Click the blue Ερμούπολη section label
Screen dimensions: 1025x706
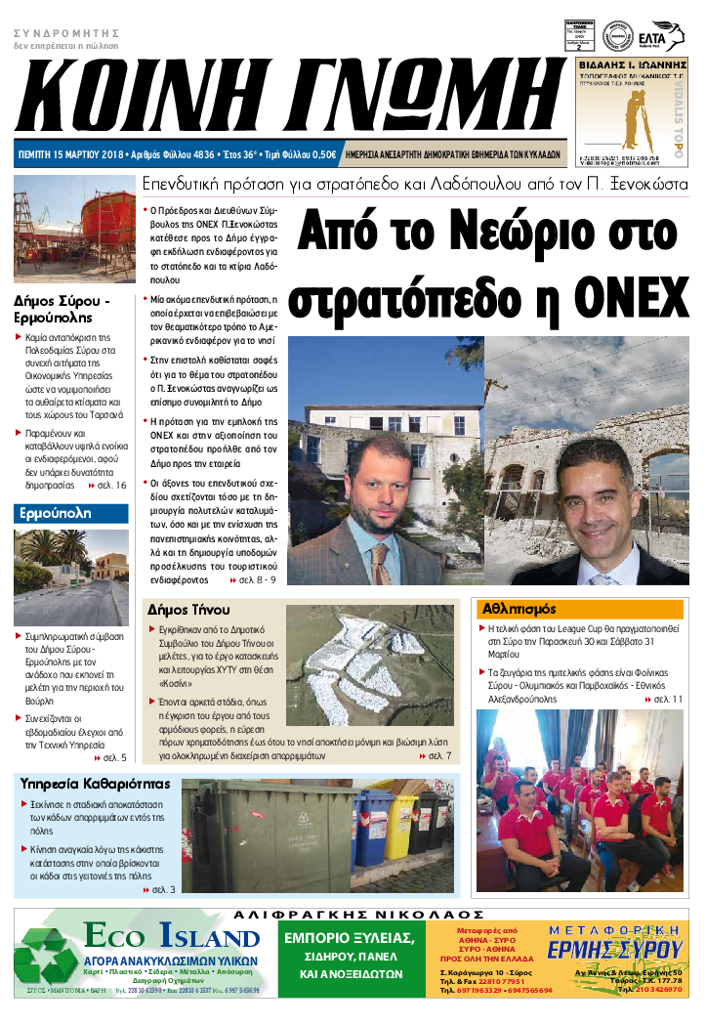point(56,512)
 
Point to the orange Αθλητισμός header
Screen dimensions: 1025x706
point(519,608)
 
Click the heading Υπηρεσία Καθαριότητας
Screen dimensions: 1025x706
point(96,784)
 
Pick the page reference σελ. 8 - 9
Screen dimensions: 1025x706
point(252,579)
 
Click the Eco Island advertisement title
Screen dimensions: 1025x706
point(165,937)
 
